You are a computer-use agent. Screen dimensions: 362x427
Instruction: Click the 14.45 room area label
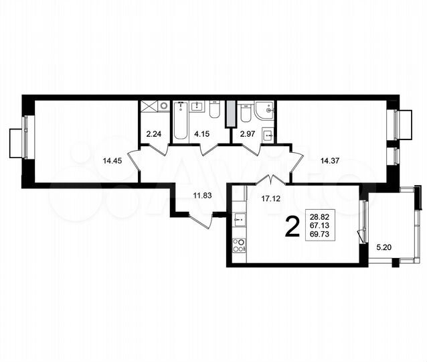pos(112,161)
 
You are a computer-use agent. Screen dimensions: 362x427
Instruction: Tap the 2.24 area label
pos(154,134)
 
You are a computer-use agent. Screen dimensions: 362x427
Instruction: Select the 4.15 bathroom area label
pos(201,134)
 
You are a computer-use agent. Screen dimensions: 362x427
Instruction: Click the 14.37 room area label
pos(330,161)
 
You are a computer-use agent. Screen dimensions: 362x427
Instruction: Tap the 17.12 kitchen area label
pos(270,198)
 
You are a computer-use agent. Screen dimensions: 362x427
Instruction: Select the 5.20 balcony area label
pos(385,247)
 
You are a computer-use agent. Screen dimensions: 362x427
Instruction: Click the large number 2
pos(292,227)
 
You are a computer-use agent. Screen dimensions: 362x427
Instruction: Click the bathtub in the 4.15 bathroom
pos(181,121)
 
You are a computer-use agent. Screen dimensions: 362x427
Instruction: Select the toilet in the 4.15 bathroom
pos(214,110)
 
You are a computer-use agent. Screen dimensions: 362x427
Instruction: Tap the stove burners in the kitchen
pos(238,245)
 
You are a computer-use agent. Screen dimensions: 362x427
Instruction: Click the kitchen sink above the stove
pos(238,217)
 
